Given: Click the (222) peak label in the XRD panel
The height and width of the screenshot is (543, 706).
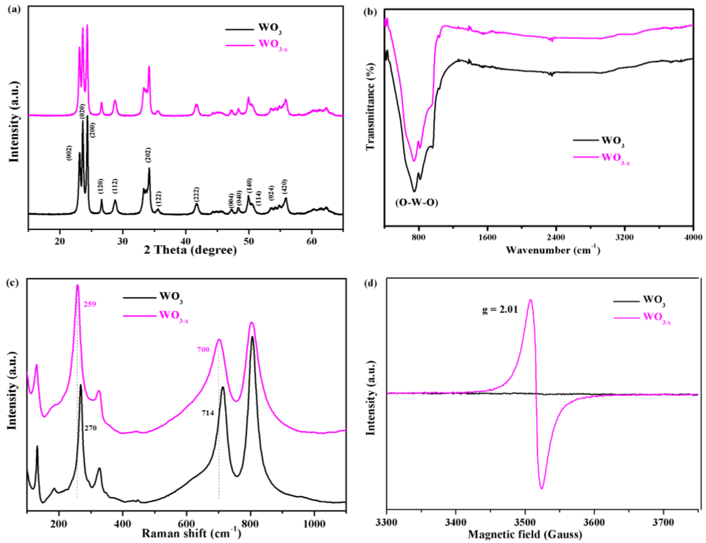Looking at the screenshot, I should pos(196,195).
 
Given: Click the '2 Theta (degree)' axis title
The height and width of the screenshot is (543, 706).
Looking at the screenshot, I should pos(190,250).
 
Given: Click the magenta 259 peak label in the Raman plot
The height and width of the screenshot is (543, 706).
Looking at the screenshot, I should pos(90,304).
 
